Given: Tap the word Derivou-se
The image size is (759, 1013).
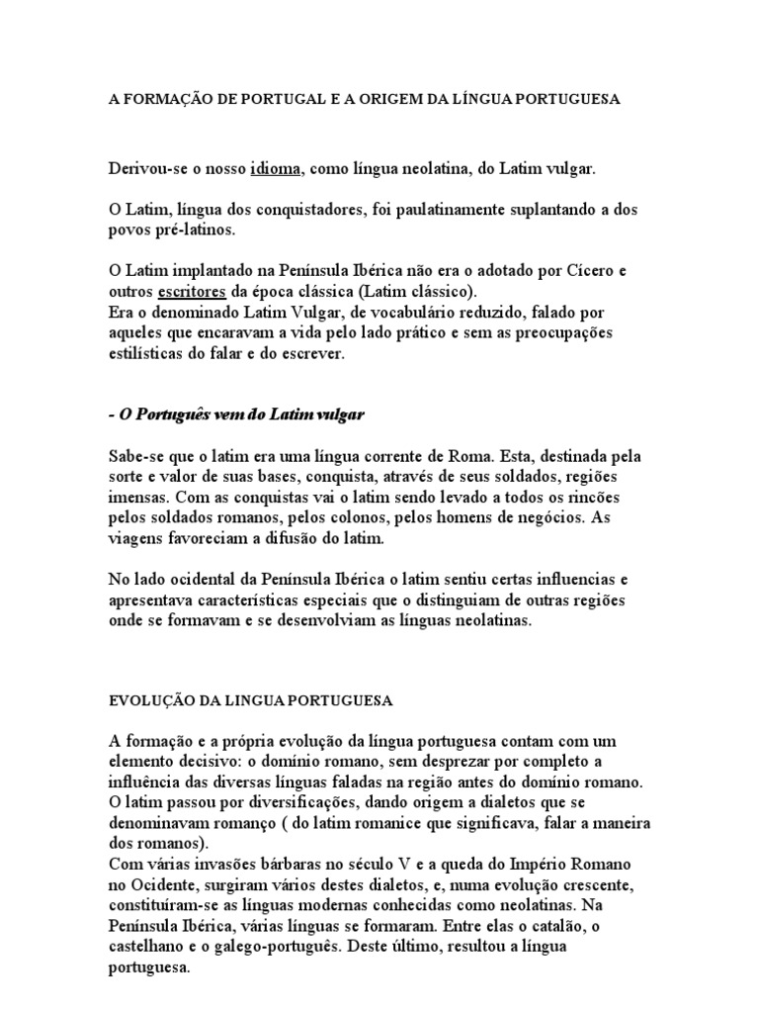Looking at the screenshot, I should coord(146,169).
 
